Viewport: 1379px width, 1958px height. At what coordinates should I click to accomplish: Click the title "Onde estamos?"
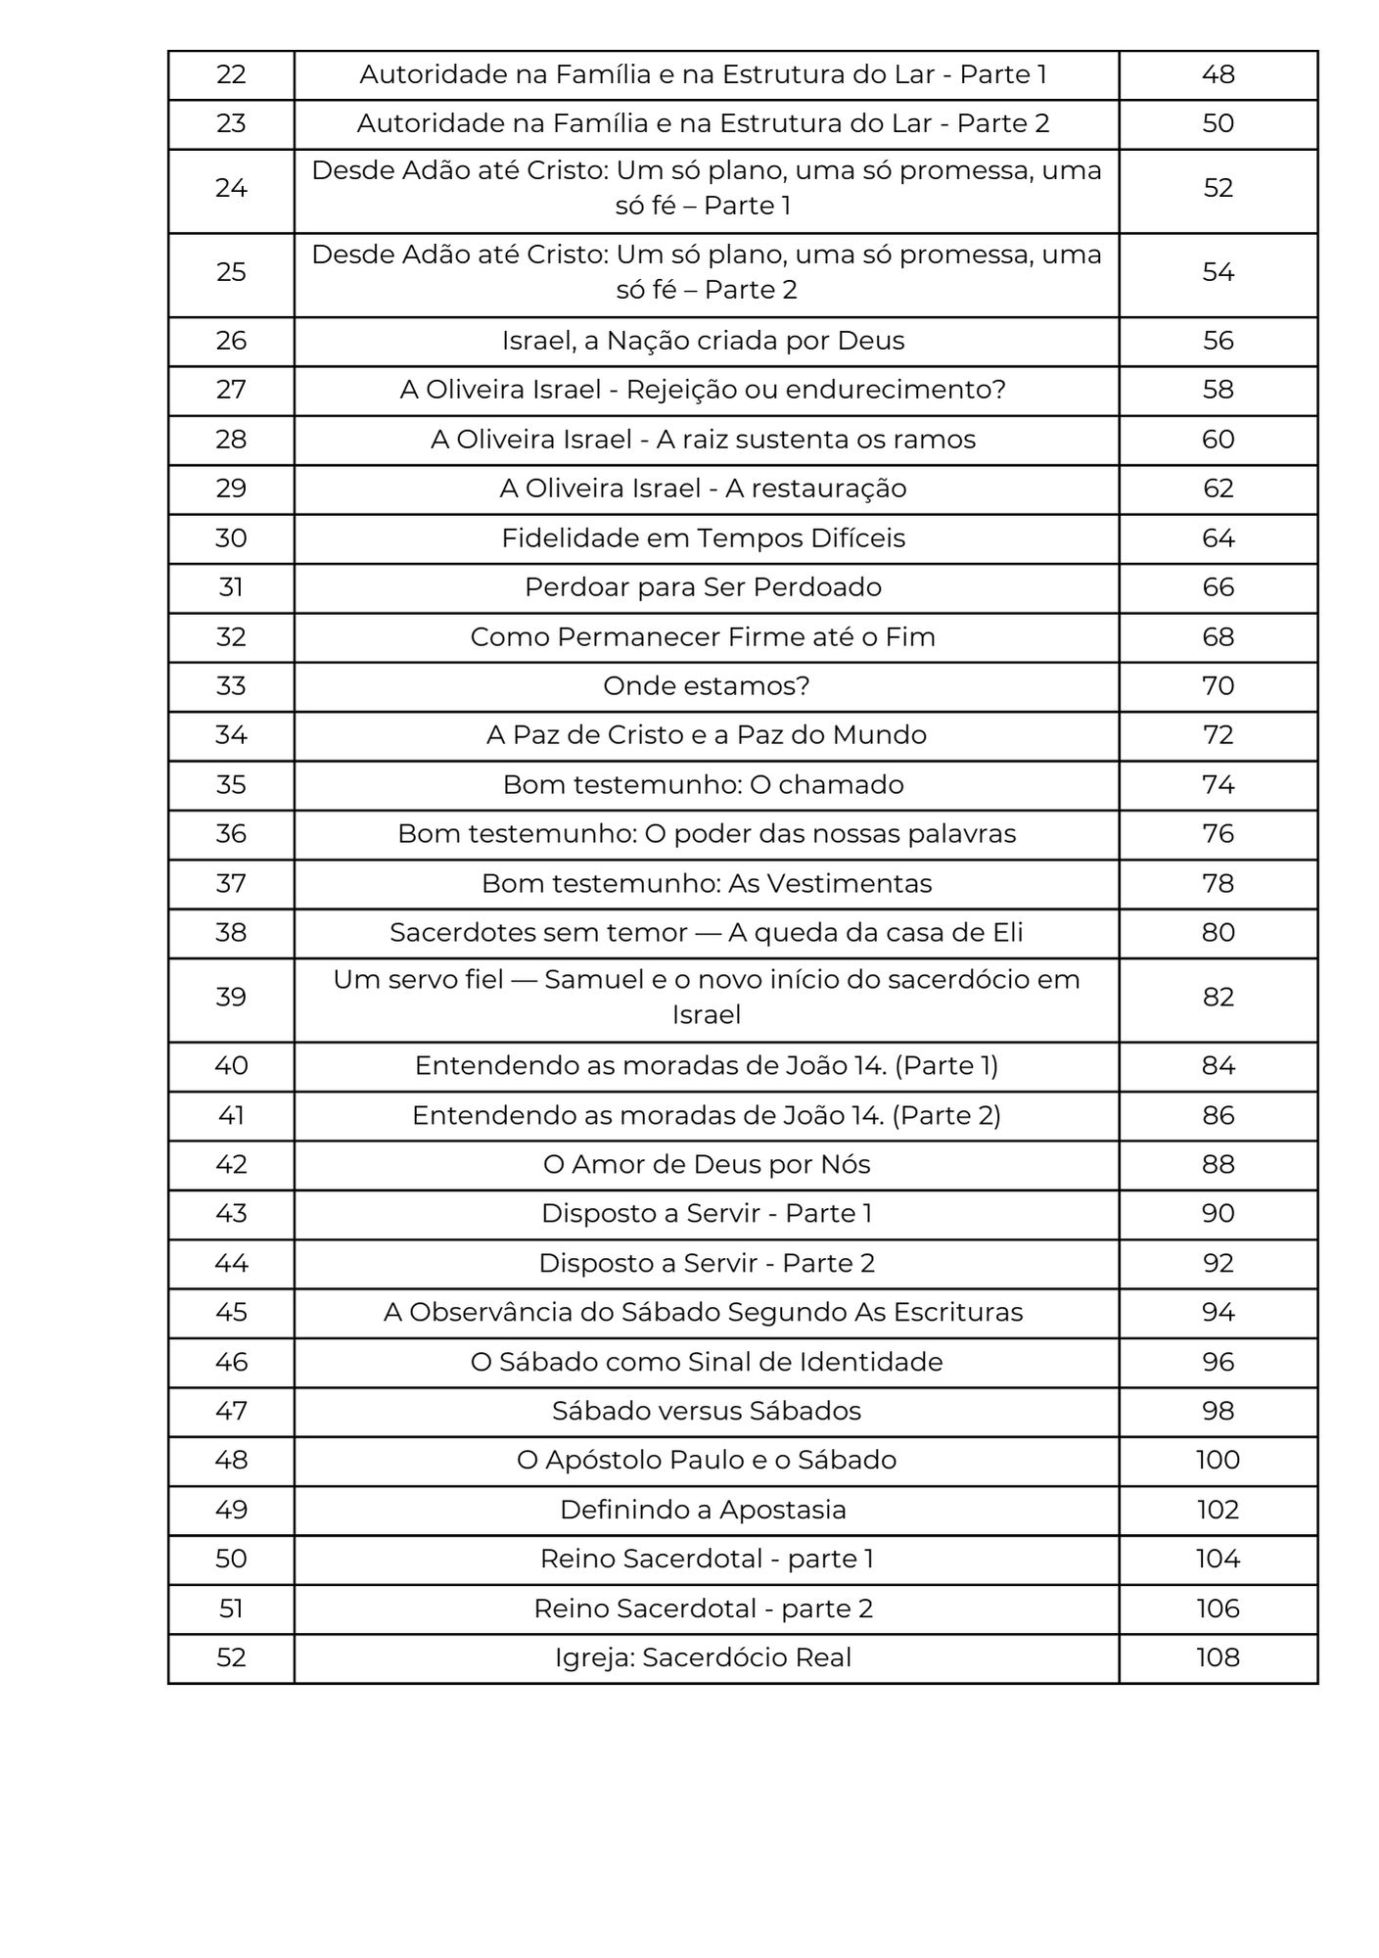706,686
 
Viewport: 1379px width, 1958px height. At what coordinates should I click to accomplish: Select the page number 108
1218,1657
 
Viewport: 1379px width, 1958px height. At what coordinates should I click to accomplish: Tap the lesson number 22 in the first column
231,74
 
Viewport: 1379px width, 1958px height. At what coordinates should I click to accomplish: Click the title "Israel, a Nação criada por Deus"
703,341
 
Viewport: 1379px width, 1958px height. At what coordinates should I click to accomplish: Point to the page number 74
1218,785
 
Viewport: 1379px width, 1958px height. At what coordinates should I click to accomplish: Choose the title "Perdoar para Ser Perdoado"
703,587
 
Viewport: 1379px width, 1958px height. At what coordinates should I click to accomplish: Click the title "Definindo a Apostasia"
703,1510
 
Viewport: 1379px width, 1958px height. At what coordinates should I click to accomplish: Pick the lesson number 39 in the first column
231,998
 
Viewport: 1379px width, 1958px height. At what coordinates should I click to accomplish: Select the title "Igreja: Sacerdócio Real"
703,1657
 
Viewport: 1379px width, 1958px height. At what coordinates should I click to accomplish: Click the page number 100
1218,1460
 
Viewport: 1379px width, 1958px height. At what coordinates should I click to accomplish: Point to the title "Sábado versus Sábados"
706,1411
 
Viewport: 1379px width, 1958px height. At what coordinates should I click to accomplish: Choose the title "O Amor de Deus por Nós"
706,1164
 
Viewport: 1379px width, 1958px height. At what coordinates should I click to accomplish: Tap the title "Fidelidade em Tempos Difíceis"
703,538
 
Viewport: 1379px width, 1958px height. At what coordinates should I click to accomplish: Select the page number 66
1218,587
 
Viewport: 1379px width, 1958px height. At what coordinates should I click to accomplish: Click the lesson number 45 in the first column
231,1312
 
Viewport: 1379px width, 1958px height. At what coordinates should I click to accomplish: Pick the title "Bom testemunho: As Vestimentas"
706,883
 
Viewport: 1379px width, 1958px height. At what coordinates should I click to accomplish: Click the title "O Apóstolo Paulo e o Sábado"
706,1460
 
